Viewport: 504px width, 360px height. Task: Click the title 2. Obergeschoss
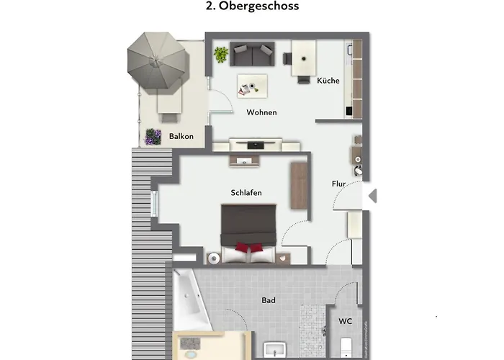252,6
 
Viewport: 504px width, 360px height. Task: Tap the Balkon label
181,136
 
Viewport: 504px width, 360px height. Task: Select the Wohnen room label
261,113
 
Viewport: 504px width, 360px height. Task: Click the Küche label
328,81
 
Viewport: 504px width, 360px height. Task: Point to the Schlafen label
246,193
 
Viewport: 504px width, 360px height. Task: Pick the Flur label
338,184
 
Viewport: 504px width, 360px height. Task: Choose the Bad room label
268,300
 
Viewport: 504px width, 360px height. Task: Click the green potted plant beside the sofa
220,53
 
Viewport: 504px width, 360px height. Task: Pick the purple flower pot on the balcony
153,136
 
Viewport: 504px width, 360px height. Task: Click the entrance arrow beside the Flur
372,194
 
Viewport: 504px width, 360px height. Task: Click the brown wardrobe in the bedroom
298,184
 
